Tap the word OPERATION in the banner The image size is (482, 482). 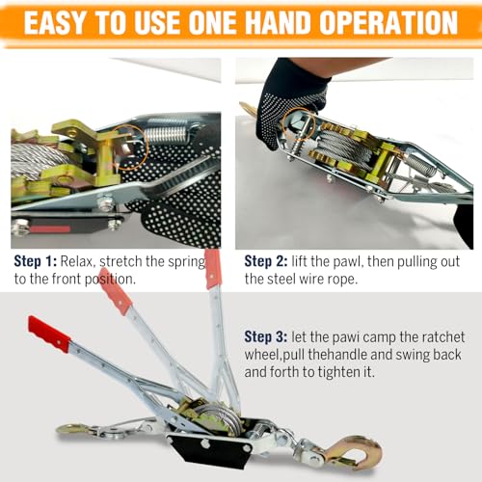point(388,23)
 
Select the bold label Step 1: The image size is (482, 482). point(36,261)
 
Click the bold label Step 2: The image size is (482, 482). point(266,261)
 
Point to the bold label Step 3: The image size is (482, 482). point(266,337)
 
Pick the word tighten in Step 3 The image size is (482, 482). point(339,372)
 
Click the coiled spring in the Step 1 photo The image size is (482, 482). point(167,131)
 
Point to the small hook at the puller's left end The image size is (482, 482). point(72,429)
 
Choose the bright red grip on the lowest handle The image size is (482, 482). point(49,335)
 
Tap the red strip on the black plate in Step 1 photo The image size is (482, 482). point(50,229)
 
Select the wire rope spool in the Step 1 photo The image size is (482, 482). point(37,161)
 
